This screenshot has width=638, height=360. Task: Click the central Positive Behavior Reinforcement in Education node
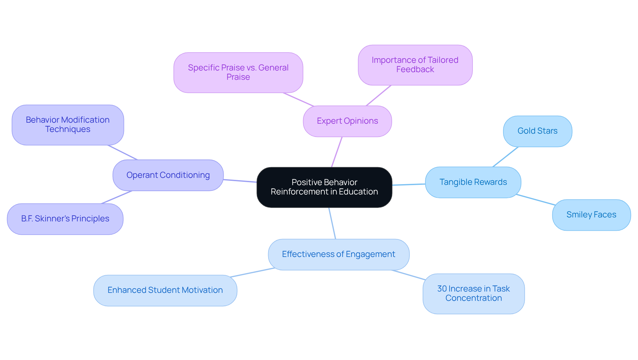point(324,187)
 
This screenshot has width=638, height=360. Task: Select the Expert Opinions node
point(347,121)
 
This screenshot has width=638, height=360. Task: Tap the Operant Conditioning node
point(168,175)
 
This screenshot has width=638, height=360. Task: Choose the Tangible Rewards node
point(473,182)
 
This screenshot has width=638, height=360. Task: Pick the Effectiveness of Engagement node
point(338,254)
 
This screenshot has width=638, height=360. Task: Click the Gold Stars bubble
point(537,131)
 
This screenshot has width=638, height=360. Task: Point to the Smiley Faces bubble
point(591,215)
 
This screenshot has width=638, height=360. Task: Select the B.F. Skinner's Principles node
point(65,219)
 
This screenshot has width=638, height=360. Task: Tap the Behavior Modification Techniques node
point(68,125)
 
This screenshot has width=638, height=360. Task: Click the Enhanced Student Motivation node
point(165,290)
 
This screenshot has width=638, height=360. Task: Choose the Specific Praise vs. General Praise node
point(238,72)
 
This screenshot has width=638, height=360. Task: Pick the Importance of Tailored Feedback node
point(415,65)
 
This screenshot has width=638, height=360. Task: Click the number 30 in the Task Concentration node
point(442,289)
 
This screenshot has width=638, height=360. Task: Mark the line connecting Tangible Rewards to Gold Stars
point(505,157)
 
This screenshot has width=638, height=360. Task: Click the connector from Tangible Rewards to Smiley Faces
point(536,200)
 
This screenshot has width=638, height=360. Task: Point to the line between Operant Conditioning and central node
point(240,181)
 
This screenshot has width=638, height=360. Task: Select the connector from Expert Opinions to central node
point(337,152)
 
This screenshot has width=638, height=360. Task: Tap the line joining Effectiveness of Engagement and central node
point(332,223)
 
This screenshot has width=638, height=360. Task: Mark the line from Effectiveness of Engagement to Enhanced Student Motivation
point(253,273)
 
